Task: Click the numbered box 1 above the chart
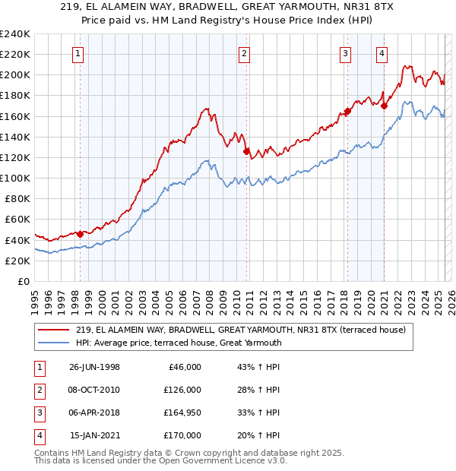[80, 53]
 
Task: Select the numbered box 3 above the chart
[345, 53]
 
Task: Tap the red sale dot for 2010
[246, 151]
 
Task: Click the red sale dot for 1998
[80, 234]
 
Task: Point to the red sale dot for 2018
[347, 111]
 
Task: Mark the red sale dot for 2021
[385, 106]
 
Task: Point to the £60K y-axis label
[17, 220]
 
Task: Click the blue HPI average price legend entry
[179, 343]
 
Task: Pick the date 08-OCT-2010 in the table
[94, 390]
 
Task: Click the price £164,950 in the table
[182, 413]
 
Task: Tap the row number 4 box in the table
[37, 435]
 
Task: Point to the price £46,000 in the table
[182, 367]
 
